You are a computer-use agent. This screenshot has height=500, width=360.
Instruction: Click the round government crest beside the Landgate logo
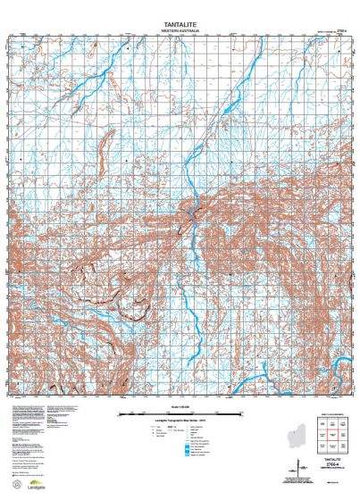point(14,487)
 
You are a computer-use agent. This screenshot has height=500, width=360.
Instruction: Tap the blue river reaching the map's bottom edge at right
point(240,385)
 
